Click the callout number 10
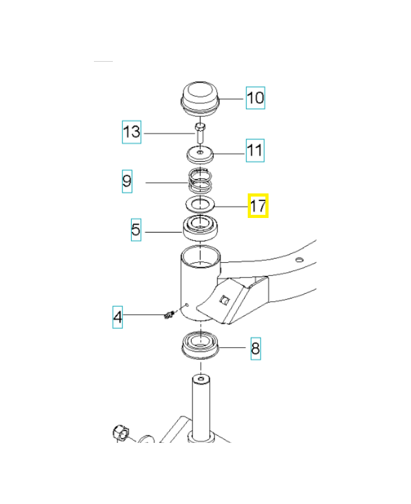click(x=255, y=98)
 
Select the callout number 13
click(x=132, y=132)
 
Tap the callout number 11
click(x=255, y=151)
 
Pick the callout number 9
click(x=127, y=181)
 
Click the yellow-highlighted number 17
click(x=258, y=206)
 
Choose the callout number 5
click(x=136, y=229)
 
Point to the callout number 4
click(x=118, y=318)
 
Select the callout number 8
click(x=256, y=348)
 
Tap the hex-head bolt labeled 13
click(x=199, y=133)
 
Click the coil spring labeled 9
click(x=200, y=180)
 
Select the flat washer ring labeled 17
click(x=200, y=203)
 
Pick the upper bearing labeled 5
click(x=200, y=228)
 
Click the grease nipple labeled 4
click(x=169, y=314)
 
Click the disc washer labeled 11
click(x=200, y=154)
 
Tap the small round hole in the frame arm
click(x=299, y=260)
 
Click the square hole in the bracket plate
click(x=224, y=301)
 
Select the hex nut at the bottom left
click(x=120, y=433)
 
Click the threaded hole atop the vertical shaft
click(x=201, y=379)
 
